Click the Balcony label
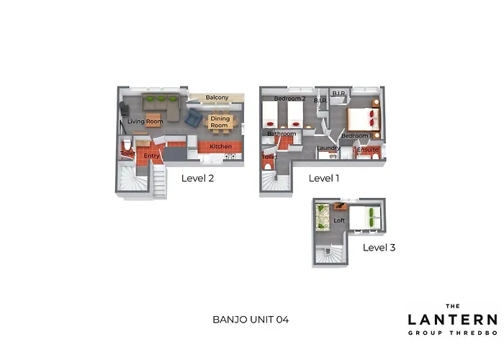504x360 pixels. coord(217,97)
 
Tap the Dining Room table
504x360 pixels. coord(220,122)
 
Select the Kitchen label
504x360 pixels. coord(220,146)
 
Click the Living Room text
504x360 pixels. coord(145,121)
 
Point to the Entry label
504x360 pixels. coord(151,156)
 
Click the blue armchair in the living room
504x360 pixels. coord(193,117)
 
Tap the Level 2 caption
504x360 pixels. coord(197,178)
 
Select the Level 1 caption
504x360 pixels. coord(324,178)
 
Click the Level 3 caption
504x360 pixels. coord(379,248)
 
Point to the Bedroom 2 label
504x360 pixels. coord(289,99)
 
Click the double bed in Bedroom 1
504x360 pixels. coord(364,119)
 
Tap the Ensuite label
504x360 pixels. coord(368,150)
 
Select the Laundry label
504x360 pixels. coord(328,148)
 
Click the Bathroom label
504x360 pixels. coord(282,133)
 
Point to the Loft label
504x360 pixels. coord(339,220)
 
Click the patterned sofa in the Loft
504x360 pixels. coord(323,217)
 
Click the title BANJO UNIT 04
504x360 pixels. coord(251,320)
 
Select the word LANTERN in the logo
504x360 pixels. coord(453,320)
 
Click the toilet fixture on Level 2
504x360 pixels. coord(127,145)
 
